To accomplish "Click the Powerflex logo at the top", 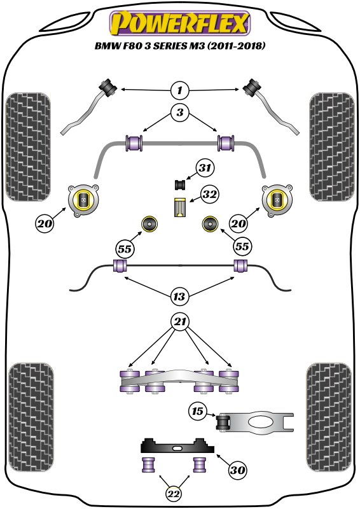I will click(180, 24).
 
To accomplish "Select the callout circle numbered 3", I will click(180, 114).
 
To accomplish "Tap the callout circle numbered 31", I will click(205, 169).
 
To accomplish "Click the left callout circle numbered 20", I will click(45, 224).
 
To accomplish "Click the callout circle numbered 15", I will click(198, 412).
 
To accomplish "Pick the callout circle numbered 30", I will click(237, 470).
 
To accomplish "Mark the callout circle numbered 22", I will click(173, 494).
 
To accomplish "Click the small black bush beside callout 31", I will click(180, 185).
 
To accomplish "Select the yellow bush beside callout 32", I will click(180, 208).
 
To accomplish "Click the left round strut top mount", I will click(83, 200).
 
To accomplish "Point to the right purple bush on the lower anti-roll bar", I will click(241, 265).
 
